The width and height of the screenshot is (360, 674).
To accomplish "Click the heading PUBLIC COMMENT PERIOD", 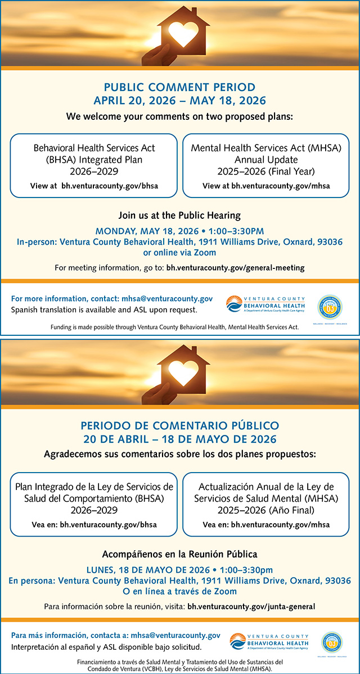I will click(x=179, y=87).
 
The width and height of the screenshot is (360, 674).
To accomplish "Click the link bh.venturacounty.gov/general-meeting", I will click(x=235, y=268).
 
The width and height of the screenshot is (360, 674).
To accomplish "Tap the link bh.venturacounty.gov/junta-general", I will click(x=251, y=606).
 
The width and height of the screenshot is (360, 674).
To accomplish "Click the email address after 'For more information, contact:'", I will click(x=176, y=299).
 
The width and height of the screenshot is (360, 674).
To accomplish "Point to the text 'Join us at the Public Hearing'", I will click(x=179, y=215).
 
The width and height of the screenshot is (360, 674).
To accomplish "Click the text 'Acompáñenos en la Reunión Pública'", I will click(x=179, y=554).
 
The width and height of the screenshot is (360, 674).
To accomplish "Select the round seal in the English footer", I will click(x=330, y=307).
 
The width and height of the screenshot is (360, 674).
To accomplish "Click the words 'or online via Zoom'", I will click(x=179, y=253).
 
